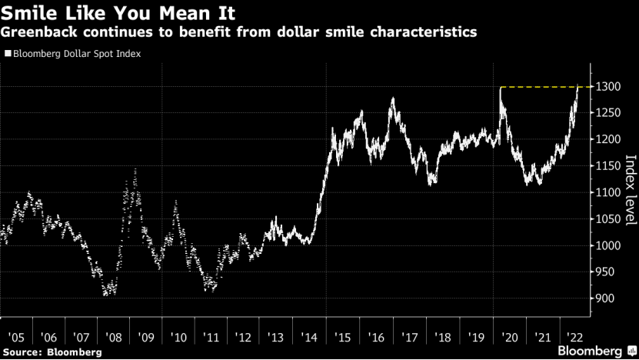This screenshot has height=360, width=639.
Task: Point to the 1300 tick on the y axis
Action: point(604,87)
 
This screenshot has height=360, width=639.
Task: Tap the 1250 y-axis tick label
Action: point(604,113)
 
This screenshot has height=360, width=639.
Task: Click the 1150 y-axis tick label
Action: point(604,166)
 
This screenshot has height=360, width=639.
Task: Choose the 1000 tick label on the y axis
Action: point(604,245)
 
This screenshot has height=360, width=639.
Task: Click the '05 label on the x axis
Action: point(15,337)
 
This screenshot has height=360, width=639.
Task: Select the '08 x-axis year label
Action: point(113,337)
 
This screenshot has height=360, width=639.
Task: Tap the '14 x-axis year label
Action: point(311,337)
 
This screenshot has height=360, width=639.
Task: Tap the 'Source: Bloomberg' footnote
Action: point(52,352)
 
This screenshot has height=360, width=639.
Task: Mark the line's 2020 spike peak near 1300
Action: point(501,88)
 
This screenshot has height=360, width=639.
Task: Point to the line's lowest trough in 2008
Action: point(107,294)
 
